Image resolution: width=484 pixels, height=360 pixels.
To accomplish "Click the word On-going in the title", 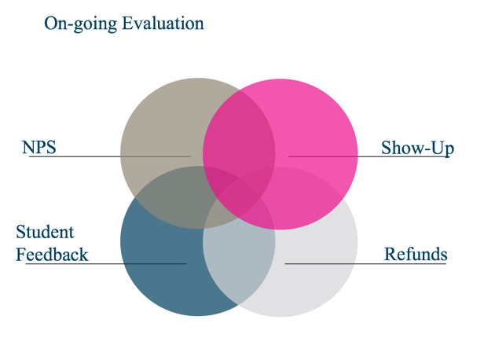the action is tap(81, 24).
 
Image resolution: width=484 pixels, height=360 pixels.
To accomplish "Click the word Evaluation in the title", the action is tap(163, 23).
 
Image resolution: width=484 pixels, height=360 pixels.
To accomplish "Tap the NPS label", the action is tap(39, 147).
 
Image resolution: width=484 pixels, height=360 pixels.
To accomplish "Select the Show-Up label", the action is tap(417, 148).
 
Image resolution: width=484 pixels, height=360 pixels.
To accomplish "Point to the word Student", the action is tap(45, 232).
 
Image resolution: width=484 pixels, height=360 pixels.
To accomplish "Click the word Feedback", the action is tap(52, 255).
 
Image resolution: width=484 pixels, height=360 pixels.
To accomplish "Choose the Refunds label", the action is tap(416, 254).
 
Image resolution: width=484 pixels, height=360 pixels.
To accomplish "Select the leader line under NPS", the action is tap(109, 156).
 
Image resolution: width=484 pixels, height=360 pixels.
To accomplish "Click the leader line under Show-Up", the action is tap(368, 156).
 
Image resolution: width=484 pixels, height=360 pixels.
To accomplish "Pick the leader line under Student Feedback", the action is tap(106, 263).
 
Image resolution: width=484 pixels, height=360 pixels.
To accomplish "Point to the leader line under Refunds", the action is tap(365, 263).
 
